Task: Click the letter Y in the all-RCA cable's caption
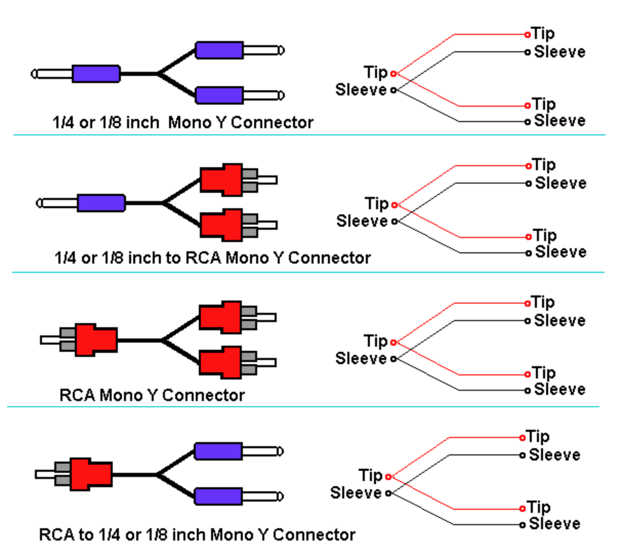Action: tap(151, 395)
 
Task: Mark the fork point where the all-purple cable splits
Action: tap(158, 74)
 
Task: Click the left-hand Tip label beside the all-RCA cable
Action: tap(375, 342)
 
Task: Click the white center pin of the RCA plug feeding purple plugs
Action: tap(45, 474)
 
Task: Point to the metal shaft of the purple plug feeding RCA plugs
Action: tap(57, 203)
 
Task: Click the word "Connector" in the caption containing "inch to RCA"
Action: tap(329, 258)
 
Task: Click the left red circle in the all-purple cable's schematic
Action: tap(393, 74)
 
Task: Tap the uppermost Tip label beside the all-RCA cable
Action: tap(543, 303)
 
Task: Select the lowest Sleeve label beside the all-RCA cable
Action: tap(559, 389)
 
